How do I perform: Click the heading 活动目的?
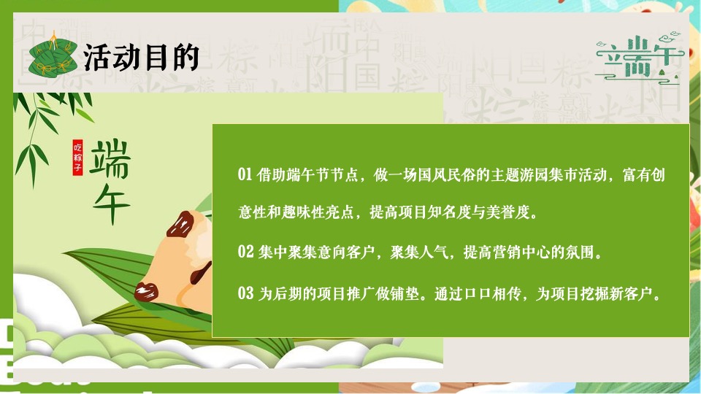click(x=141, y=57)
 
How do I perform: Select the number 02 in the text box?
click(x=245, y=252)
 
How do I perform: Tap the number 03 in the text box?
click(x=245, y=294)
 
